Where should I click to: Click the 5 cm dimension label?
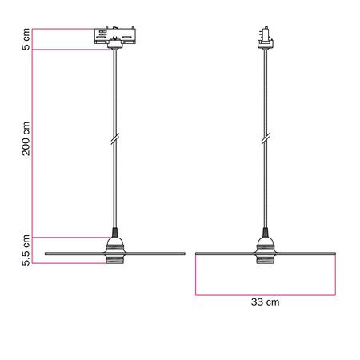click(x=26, y=38)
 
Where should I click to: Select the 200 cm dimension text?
click(x=26, y=138)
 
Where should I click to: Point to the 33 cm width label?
click(x=266, y=304)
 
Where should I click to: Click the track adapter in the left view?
click(x=114, y=38)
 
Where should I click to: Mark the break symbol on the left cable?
click(x=114, y=140)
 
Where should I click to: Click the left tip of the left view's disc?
click(x=46, y=254)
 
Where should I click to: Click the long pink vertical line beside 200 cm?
click(x=32, y=144)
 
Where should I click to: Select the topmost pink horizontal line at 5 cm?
click(x=64, y=28)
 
